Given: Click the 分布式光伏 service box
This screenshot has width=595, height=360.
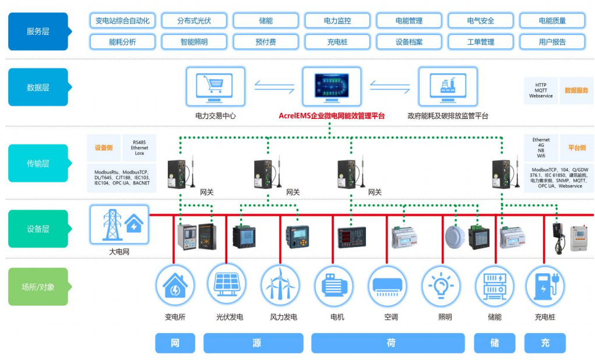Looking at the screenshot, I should (x=194, y=21).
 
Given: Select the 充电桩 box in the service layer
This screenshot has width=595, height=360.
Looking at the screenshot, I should (x=337, y=42).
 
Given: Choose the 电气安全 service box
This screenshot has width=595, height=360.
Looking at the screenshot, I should (x=480, y=21).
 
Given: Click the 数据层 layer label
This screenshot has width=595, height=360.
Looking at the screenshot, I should (x=38, y=87).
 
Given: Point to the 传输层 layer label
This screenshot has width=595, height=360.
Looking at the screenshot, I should (x=38, y=164).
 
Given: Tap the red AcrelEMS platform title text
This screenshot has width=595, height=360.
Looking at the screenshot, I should (x=332, y=116).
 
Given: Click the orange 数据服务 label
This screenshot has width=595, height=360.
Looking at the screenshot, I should (x=576, y=91).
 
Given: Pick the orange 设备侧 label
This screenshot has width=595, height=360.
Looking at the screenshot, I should (x=104, y=148).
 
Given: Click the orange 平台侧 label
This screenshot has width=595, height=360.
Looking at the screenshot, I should (x=576, y=148).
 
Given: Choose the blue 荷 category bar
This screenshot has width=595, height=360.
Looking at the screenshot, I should (x=388, y=343).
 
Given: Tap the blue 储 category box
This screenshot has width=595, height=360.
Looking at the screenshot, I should (x=494, y=343).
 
